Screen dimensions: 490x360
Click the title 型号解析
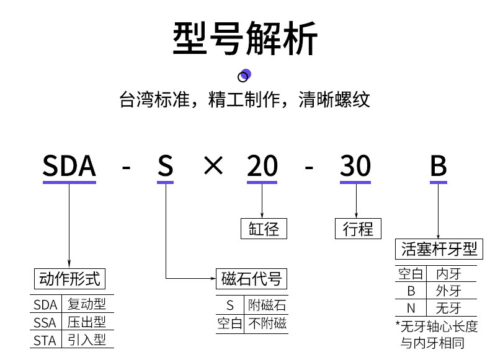(x=245, y=38)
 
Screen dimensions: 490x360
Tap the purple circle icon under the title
(x=244, y=76)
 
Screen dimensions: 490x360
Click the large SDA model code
(x=69, y=166)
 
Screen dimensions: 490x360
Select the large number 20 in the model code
(x=262, y=166)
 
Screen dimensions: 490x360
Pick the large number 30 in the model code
(x=355, y=166)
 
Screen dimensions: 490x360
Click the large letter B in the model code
(x=439, y=166)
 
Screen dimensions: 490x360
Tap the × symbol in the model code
(x=213, y=165)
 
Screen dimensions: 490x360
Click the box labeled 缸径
(x=264, y=229)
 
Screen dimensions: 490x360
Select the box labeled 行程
(x=358, y=229)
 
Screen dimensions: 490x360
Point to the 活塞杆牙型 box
(x=439, y=249)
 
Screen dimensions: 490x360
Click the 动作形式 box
(x=69, y=278)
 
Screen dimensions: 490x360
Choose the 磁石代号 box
(x=252, y=278)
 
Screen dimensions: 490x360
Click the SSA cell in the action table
(x=45, y=323)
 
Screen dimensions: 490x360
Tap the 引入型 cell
(x=87, y=340)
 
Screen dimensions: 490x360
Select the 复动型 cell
(x=87, y=304)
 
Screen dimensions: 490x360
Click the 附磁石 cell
(x=267, y=305)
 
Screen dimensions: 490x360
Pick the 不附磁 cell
(x=267, y=323)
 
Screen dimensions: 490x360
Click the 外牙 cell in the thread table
(x=448, y=291)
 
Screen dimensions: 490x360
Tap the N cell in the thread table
(x=411, y=308)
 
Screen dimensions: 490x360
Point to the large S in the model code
(x=166, y=166)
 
